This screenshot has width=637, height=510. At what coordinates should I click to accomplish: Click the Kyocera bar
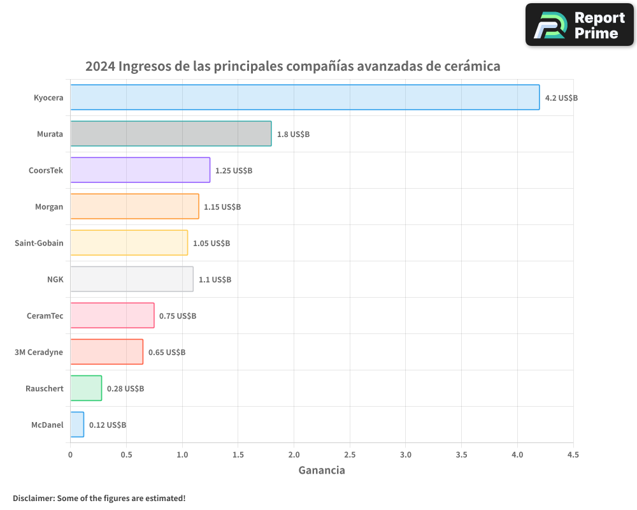pyautogui.click(x=304, y=98)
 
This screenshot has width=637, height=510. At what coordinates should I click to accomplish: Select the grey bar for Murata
pyautogui.click(x=171, y=134)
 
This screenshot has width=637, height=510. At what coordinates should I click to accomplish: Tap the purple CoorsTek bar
pyautogui.click(x=140, y=170)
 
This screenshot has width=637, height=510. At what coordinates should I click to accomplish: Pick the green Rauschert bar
pyautogui.click(x=86, y=388)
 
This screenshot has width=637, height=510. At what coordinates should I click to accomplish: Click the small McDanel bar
pyautogui.click(x=77, y=425)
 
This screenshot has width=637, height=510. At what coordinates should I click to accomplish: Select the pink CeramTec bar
pyautogui.click(x=112, y=316)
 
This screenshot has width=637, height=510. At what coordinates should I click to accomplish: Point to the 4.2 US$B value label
pyautogui.click(x=561, y=98)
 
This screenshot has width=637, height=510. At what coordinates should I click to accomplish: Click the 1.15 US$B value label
pyautogui.click(x=222, y=207)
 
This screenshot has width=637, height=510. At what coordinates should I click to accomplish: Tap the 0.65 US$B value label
pyautogui.click(x=167, y=353)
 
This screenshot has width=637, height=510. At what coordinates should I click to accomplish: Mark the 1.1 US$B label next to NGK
pyautogui.click(x=215, y=280)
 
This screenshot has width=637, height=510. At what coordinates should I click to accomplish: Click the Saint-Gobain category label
pyautogui.click(x=39, y=243)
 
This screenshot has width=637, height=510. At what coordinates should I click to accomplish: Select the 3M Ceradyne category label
pyautogui.click(x=39, y=352)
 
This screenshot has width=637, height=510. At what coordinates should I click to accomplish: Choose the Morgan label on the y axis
pyautogui.click(x=49, y=207)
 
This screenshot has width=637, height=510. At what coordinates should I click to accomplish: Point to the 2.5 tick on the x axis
pyautogui.click(x=350, y=455)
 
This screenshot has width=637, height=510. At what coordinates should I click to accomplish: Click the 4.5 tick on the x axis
pyautogui.click(x=573, y=455)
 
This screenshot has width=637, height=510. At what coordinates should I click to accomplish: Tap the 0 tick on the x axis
pyautogui.click(x=70, y=455)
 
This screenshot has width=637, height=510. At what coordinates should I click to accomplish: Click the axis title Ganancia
pyautogui.click(x=322, y=470)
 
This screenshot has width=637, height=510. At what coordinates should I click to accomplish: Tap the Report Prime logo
pyautogui.click(x=580, y=25)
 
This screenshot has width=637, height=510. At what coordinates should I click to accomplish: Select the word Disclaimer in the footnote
pyautogui.click(x=32, y=498)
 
